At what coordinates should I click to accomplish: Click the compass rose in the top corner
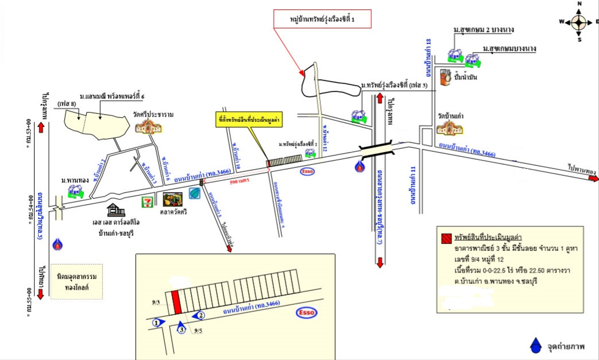tap(579, 22)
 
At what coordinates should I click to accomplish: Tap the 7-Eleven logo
tap(148, 202)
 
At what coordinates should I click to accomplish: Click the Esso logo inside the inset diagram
tap(307, 312)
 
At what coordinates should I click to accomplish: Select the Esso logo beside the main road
tap(307, 171)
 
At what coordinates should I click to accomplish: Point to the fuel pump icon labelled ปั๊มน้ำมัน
tap(446, 78)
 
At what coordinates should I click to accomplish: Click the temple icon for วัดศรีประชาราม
tap(146, 126)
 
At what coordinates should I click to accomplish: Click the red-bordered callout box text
tap(323, 21)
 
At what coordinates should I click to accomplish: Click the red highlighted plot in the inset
tap(176, 302)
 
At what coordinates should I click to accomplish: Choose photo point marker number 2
tap(199, 315)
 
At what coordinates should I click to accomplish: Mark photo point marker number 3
tap(181, 328)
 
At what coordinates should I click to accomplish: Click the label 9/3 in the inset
tap(156, 303)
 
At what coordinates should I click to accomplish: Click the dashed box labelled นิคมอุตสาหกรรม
tap(76, 281)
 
